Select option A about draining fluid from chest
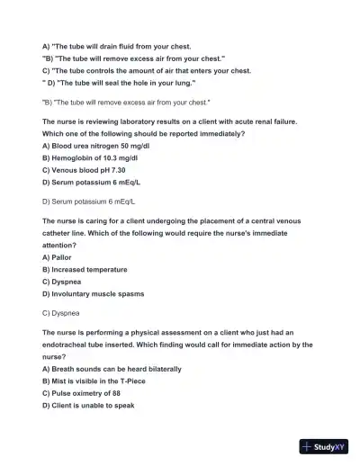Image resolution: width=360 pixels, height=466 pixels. tap(116, 45)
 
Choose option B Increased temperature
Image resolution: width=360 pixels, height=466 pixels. tap(85, 269)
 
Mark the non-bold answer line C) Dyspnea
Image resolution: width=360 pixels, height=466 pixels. tap(61, 314)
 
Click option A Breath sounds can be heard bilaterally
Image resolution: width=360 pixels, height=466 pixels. tap(112, 369)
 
